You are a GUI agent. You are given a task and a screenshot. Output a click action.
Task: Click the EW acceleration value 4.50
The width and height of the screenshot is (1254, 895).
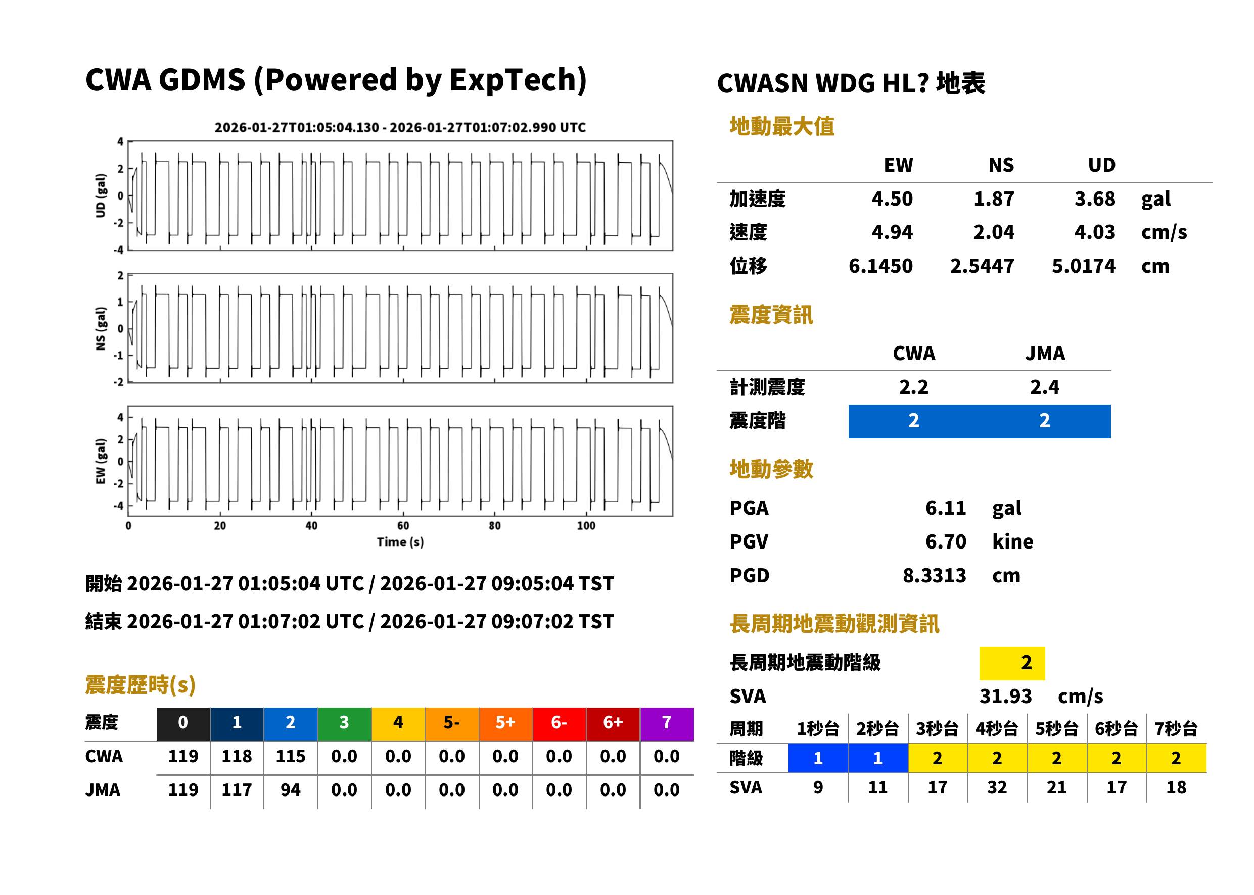click(x=892, y=198)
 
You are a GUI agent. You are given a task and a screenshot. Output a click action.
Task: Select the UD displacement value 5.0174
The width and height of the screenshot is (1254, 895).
click(x=1083, y=266)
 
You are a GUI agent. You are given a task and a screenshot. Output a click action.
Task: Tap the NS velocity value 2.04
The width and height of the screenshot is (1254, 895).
click(x=993, y=232)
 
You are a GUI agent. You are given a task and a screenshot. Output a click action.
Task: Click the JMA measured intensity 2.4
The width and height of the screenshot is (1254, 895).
click(x=1044, y=387)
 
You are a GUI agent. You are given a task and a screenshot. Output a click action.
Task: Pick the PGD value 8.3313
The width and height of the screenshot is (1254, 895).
click(x=934, y=575)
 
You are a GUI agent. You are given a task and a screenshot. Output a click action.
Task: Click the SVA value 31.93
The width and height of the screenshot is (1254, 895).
click(x=1005, y=696)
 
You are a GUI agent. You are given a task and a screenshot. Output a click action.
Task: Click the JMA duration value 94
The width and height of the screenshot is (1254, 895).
click(x=291, y=790)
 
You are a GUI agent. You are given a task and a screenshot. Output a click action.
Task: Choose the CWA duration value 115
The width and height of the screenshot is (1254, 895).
click(x=291, y=756)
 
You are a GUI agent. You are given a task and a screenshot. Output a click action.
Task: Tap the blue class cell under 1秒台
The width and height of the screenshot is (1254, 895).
click(x=818, y=758)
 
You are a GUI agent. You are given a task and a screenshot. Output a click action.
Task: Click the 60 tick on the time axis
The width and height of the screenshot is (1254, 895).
click(x=403, y=525)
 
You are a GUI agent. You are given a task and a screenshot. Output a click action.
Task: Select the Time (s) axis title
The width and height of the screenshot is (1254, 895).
click(x=400, y=542)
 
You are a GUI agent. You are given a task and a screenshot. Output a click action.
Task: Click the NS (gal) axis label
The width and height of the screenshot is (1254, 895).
click(x=101, y=328)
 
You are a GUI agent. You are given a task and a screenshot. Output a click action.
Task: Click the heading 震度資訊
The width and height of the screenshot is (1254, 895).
click(x=771, y=315)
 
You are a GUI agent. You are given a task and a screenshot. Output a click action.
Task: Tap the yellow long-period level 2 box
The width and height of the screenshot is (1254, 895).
click(x=1012, y=663)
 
